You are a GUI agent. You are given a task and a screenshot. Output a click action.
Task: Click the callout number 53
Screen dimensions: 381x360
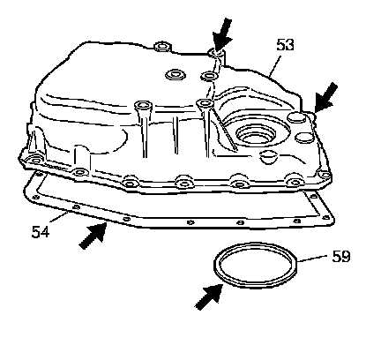285,45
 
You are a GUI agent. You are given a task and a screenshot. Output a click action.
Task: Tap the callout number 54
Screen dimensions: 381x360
41,232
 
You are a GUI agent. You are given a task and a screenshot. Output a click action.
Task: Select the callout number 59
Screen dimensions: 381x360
341,256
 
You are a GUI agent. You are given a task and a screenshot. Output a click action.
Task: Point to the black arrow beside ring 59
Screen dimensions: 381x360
209,296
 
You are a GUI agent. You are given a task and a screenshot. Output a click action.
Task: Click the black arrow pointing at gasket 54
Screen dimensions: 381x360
93,236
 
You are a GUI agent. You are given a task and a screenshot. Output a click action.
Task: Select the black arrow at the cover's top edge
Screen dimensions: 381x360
222,34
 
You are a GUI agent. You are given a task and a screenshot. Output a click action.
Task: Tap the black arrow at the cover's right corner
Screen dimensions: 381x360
325,98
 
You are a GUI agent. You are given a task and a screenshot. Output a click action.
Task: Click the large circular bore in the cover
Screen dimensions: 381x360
256,135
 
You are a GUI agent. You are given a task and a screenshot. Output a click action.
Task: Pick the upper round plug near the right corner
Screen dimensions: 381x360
296,116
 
